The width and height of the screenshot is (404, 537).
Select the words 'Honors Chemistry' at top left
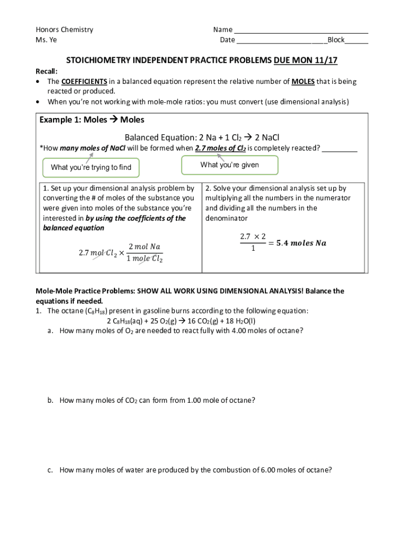[64, 29]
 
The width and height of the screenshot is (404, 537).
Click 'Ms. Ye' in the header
[46, 40]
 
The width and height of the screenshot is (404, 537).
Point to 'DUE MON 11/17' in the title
[305, 60]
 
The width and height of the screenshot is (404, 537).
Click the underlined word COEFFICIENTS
[84, 81]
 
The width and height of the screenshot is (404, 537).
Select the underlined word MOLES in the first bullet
[303, 81]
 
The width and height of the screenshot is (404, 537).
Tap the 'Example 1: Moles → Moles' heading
[92, 120]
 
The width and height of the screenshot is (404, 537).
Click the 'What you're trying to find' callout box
[91, 167]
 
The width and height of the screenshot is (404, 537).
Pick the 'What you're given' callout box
[229, 165]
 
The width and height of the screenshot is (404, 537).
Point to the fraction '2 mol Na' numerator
[144, 246]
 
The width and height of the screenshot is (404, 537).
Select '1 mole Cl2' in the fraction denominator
[144, 259]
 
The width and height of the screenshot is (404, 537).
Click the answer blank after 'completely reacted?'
[339, 149]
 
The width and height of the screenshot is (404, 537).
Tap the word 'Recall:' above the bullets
[47, 71]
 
